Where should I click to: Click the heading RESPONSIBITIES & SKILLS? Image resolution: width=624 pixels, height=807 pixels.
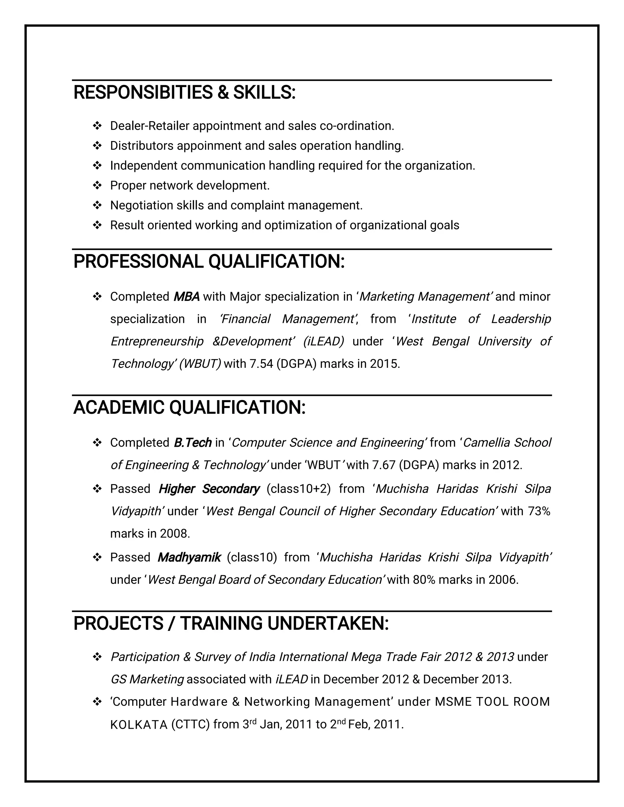point(184,92)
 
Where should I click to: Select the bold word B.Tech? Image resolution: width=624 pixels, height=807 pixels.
point(192,443)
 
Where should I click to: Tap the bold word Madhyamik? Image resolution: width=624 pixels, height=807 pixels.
point(189,557)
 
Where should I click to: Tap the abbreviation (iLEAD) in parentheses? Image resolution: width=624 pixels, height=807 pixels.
point(324,341)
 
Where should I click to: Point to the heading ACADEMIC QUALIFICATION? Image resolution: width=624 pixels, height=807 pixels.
point(189,407)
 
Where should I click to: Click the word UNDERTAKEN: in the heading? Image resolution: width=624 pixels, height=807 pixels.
point(328,624)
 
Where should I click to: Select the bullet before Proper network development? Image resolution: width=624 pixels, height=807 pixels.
point(97,185)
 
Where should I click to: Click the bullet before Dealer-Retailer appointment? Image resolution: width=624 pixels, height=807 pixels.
point(97,126)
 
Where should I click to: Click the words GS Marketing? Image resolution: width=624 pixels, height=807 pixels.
point(147,679)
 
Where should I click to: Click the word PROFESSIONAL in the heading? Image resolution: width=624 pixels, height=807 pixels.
point(138,262)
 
